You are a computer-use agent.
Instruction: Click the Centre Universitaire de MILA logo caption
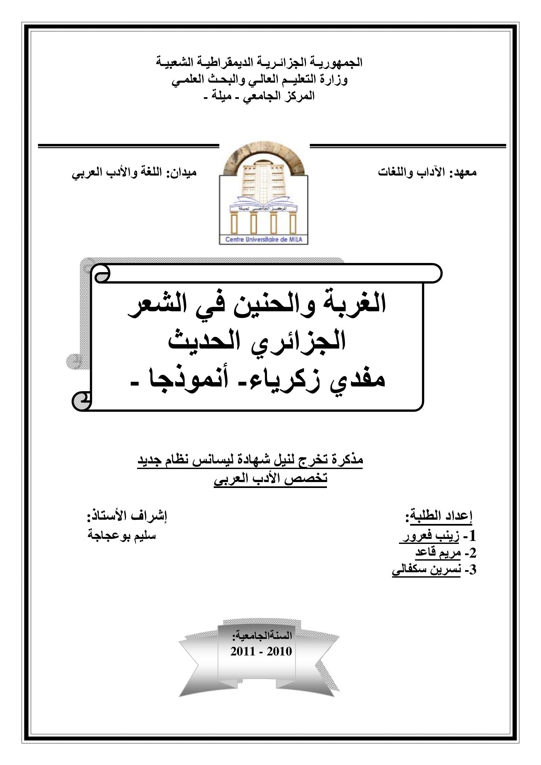click(x=263, y=239)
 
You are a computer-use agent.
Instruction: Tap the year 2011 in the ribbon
click(x=243, y=651)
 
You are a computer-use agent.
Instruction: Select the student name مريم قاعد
click(x=438, y=553)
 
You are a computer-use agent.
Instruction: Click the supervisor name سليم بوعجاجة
click(x=122, y=535)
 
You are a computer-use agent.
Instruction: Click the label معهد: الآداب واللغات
click(x=427, y=173)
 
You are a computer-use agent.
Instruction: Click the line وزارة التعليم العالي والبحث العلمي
click(x=260, y=79)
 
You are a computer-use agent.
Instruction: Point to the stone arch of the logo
click(x=263, y=152)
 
